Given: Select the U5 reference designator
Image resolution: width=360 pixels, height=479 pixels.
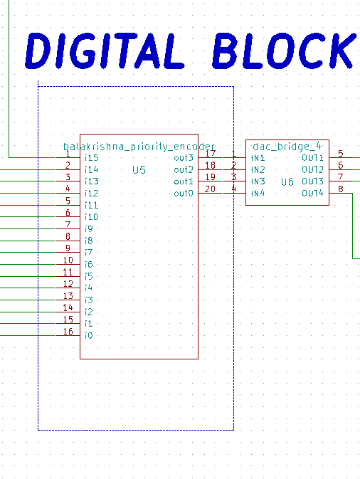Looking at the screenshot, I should click(x=139, y=170).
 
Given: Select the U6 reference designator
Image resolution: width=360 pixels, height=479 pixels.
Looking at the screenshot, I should click(x=287, y=182).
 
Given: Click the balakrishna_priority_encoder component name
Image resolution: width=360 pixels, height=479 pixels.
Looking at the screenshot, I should click(x=139, y=146).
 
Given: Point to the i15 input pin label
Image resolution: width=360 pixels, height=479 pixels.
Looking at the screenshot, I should click(x=91, y=157).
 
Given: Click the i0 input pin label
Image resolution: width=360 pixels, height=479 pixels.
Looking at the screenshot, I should click(x=89, y=335).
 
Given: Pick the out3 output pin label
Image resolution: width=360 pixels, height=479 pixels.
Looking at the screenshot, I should click(x=184, y=157).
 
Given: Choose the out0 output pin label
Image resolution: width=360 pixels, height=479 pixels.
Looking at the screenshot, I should click(x=184, y=194).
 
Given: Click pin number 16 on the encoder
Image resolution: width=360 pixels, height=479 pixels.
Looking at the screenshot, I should click(x=68, y=332).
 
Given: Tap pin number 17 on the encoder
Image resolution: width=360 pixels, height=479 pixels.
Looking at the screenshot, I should click(x=210, y=153).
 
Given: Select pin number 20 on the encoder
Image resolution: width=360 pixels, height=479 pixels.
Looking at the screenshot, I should click(x=210, y=189).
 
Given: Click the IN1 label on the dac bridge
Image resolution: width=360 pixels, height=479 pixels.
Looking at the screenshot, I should click(x=258, y=157).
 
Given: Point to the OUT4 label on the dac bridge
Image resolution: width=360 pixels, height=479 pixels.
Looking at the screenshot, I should click(x=312, y=194).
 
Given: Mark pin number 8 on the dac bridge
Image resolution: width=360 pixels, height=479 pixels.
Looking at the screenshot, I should click(x=341, y=189).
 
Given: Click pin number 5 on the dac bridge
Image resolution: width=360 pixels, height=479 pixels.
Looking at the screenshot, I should click(x=341, y=153).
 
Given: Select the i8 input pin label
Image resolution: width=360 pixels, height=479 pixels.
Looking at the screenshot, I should click(x=89, y=241).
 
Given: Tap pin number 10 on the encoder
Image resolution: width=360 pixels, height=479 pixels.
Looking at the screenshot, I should click(x=68, y=260).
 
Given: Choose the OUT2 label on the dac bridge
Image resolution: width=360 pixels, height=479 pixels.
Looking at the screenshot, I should click(x=312, y=169).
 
